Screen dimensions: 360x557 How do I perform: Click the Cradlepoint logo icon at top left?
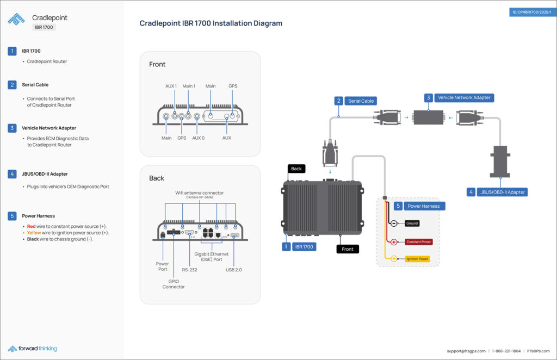[16, 19]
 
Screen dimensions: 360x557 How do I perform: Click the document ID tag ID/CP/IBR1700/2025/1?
[531, 12]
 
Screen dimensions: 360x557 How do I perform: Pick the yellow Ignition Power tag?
[418, 259]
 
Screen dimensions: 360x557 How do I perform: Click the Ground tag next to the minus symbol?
[412, 224]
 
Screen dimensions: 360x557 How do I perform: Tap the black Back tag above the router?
[296, 169]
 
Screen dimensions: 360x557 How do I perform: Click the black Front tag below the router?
[348, 249]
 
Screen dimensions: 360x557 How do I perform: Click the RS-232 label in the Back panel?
[189, 268]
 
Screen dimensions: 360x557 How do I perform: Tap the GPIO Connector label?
[174, 283]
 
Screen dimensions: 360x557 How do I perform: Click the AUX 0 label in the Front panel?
[199, 138]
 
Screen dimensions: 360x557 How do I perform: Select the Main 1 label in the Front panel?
[189, 86]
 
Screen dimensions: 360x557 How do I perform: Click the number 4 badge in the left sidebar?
[12, 174]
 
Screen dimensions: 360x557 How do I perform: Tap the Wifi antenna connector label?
[200, 193]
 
